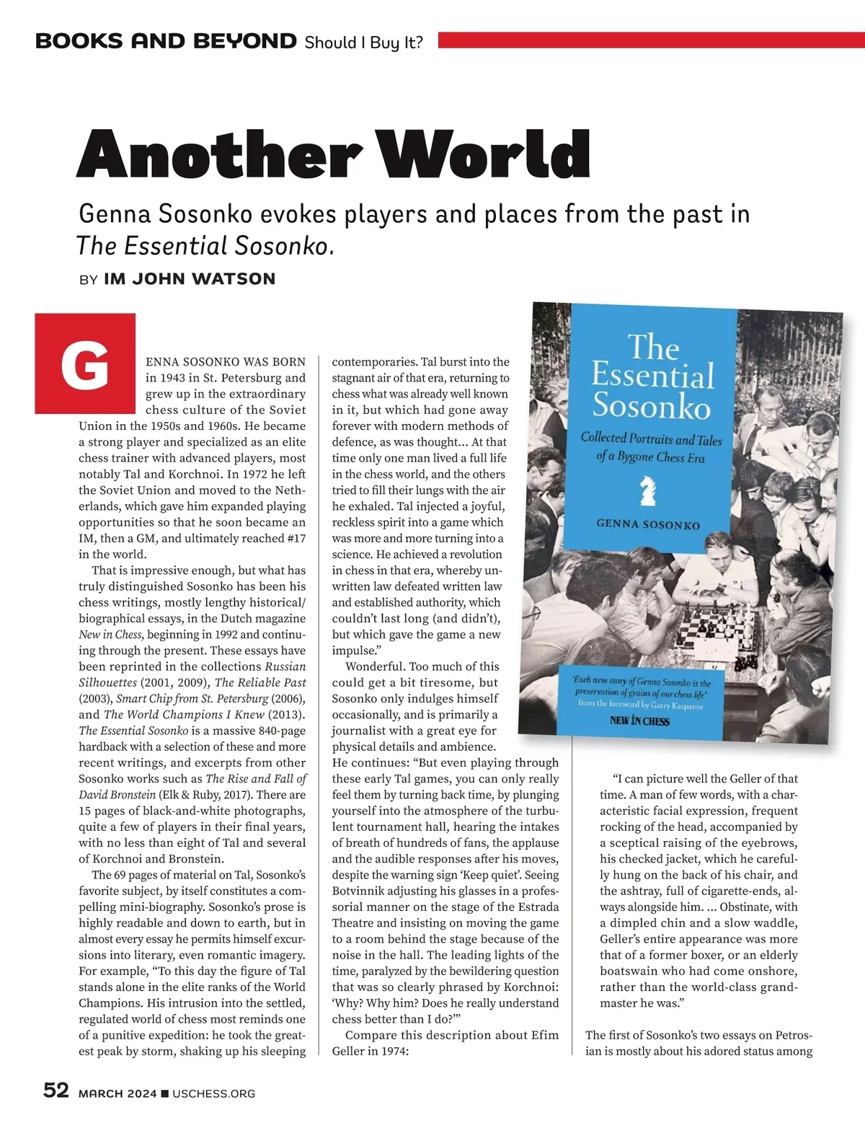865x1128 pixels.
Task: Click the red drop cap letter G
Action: coord(85,363)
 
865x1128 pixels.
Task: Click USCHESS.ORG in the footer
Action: coord(214,1093)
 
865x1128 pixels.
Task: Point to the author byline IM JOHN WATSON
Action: coord(190,279)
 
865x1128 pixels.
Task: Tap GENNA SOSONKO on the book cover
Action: coord(648,524)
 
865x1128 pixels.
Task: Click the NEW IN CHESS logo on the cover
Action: coord(639,721)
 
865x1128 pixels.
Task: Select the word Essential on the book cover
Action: coord(652,376)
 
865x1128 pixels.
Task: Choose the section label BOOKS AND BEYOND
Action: coord(166,41)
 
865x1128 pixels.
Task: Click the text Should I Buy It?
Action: coord(363,43)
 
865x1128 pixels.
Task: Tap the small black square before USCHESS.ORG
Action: coord(165,1094)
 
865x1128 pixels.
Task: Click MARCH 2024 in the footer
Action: coord(117,1093)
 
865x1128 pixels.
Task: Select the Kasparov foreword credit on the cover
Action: coord(640,704)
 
